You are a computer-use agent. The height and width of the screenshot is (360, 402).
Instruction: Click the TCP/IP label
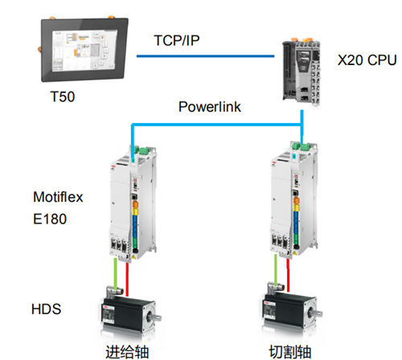click(177, 41)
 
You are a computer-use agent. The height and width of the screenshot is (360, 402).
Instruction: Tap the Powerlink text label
click(210, 107)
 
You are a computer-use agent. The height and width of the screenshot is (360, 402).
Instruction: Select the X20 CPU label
click(367, 60)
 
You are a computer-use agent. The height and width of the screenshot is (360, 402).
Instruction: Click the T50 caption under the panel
click(63, 96)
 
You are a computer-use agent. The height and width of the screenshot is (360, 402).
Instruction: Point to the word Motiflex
click(58, 197)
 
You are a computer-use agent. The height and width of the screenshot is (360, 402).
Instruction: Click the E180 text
click(50, 219)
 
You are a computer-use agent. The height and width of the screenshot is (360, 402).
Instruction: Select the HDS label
click(46, 309)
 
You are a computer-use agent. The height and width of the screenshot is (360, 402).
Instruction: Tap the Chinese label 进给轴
click(127, 352)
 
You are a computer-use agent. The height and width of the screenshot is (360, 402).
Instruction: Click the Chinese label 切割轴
click(289, 352)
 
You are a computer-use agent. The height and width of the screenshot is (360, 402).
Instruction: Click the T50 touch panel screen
click(84, 50)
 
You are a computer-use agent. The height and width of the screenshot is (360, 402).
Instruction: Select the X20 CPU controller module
click(301, 73)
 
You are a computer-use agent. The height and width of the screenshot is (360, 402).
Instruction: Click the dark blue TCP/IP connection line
click(206, 56)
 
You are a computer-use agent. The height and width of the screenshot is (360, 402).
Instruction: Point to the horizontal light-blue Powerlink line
click(216, 125)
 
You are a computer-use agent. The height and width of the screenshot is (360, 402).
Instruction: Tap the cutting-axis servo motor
click(292, 307)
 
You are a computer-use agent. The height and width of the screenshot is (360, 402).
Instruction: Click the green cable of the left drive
click(116, 273)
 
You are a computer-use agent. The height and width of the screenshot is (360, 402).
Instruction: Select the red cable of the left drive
click(127, 279)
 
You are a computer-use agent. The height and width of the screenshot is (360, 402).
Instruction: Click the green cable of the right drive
click(276, 270)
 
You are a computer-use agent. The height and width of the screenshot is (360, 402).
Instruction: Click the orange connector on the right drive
click(296, 201)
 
